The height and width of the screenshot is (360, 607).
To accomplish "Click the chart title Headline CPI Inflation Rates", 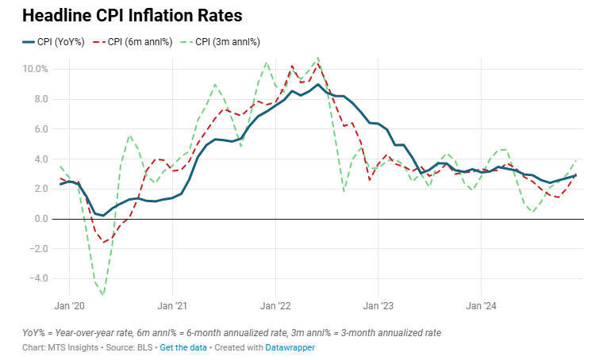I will tap(132, 16).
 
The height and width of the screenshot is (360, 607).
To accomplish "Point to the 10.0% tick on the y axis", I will tap(36, 69).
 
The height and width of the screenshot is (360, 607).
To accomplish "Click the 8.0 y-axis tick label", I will tap(40, 99).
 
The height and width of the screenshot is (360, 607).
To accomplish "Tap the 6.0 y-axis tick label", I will tap(40, 128).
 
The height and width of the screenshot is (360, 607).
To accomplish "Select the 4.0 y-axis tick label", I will tap(40, 159).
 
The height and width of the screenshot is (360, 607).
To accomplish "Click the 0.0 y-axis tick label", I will tap(40, 219).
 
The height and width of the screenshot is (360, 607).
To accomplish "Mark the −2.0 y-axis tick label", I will tap(37, 248).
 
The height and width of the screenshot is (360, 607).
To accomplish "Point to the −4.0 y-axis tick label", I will tap(37, 278).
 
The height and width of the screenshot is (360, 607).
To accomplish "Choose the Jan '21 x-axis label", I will tap(172, 304).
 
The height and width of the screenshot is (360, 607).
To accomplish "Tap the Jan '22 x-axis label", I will tap(275, 304).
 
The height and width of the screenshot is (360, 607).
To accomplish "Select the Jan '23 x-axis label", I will tap(378, 304).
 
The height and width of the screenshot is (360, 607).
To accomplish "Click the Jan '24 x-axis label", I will tap(481, 304).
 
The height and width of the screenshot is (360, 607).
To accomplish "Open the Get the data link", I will tap(184, 348).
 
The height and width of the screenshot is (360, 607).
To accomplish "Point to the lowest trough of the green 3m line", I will tap(102, 294).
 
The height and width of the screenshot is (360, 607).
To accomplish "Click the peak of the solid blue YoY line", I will tap(317, 84).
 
